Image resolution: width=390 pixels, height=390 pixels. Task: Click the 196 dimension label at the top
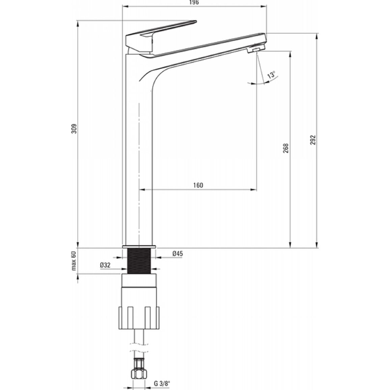click(x=194, y=2)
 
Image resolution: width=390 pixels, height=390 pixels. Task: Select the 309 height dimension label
click(x=74, y=129)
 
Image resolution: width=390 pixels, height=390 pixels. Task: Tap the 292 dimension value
click(x=313, y=140)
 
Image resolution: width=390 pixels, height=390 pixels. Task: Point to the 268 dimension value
click(x=286, y=148)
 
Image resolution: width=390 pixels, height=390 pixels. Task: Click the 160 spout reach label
click(x=198, y=185)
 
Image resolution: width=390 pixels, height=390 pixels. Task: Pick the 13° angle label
click(x=271, y=75)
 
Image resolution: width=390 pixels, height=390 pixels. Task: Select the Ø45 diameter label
click(x=177, y=253)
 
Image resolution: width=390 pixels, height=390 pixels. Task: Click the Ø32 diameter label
click(x=105, y=265)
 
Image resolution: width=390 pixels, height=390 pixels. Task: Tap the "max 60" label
click(x=74, y=261)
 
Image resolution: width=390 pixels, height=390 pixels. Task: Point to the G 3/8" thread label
click(x=162, y=383)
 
